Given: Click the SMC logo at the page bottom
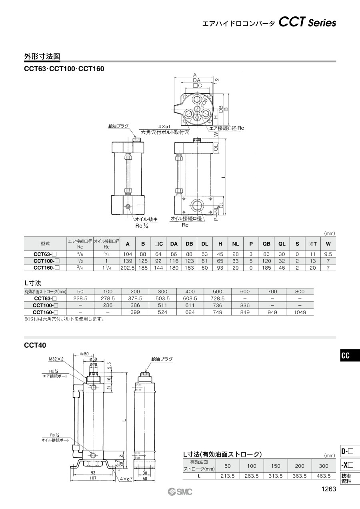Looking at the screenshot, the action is coord(180,492).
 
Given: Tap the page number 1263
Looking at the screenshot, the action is coord(328,489).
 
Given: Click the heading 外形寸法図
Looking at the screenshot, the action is coord(42,56).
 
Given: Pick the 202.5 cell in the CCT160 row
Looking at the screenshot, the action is coord(128,268).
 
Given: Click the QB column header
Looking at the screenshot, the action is coord(266,244).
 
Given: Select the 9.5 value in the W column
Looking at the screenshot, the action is coord(328,254).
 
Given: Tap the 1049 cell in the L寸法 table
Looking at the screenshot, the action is coord(300,312).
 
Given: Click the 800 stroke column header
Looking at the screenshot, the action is coord(300,292).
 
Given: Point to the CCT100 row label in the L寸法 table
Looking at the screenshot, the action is coord(45,305).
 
